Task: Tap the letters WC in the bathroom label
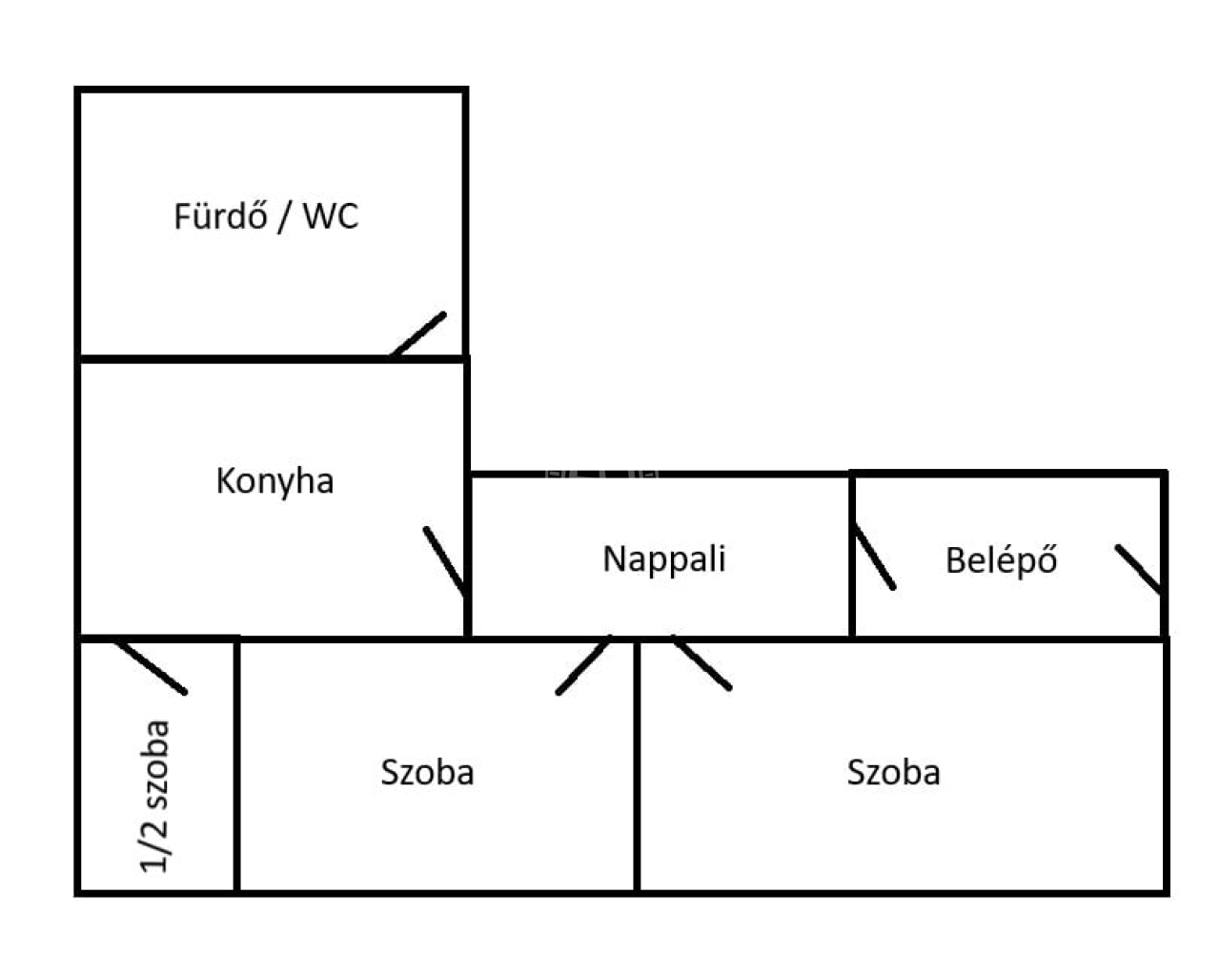point(331,216)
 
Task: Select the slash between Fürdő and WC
point(282,217)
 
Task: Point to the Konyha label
point(274,480)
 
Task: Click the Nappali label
point(664,558)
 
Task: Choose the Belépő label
point(1001,560)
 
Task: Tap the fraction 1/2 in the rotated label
point(154,844)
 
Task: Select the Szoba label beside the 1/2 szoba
point(427,771)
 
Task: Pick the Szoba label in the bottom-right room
point(893,771)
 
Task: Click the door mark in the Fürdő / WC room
point(417,335)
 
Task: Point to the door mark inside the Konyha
point(444,559)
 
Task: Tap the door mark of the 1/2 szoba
point(151,666)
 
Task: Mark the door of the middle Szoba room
point(583,664)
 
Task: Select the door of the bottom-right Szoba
point(701,661)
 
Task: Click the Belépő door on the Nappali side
point(874,557)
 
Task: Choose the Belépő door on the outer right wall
point(1140,568)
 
